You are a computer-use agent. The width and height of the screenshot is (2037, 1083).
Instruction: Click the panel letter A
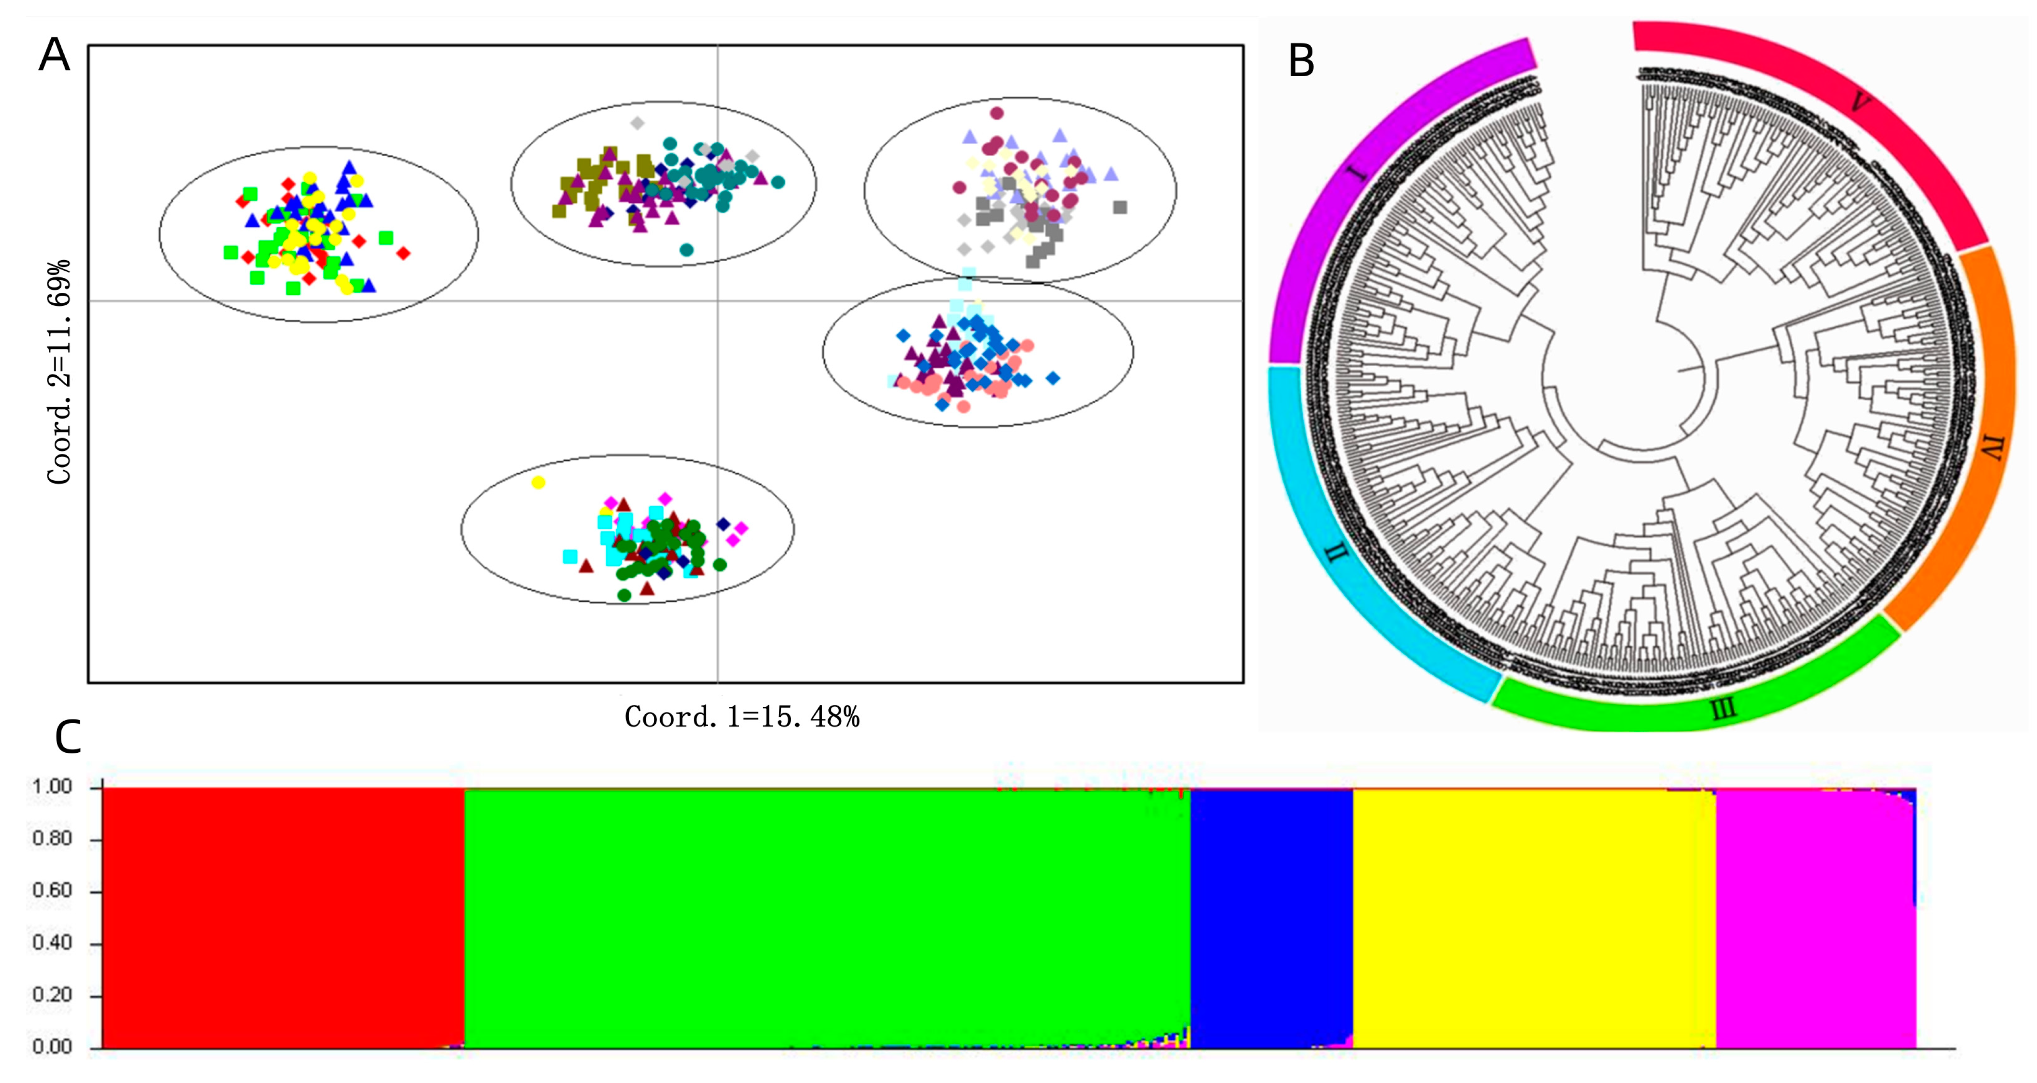[55, 56]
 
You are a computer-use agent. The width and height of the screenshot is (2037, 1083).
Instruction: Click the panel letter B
[1301, 62]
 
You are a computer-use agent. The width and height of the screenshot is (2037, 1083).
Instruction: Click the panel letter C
[69, 737]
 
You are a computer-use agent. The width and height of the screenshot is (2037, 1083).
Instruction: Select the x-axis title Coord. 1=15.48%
[742, 717]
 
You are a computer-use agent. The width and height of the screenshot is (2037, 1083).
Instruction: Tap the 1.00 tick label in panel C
[52, 786]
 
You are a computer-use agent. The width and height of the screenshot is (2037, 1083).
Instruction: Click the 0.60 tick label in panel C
[52, 891]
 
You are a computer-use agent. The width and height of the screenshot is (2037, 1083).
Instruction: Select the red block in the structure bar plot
[282, 918]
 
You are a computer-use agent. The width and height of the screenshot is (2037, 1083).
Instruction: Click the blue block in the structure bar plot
[1271, 918]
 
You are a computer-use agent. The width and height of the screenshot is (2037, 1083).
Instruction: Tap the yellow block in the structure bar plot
[1534, 918]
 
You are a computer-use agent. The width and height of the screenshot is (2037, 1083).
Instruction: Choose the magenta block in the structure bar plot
[1815, 918]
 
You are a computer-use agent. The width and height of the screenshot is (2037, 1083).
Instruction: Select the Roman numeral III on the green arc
[1724, 709]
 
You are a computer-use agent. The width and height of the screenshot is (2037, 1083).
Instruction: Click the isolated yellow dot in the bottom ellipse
[538, 483]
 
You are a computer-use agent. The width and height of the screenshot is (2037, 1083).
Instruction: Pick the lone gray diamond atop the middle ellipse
[637, 124]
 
